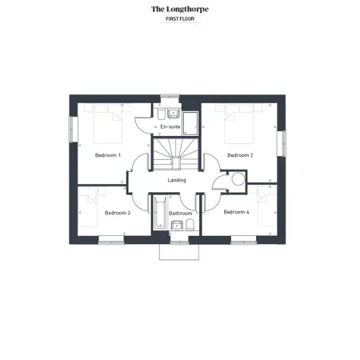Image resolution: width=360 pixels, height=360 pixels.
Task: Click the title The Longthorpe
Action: pyautogui.click(x=180, y=10)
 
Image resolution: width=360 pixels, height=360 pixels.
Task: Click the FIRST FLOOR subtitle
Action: pyautogui.click(x=180, y=19)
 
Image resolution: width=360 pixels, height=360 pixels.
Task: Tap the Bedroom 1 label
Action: pyautogui.click(x=108, y=155)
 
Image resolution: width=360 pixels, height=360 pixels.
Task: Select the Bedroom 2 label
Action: pyautogui.click(x=240, y=155)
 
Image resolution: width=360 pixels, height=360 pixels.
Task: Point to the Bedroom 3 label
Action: pyautogui.click(x=118, y=213)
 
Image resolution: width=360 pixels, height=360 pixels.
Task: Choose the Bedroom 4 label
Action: pyautogui.click(x=236, y=212)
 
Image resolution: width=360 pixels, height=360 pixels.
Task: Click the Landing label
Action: pyautogui.click(x=177, y=180)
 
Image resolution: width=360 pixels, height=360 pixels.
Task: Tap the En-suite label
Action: pyautogui.click(x=170, y=126)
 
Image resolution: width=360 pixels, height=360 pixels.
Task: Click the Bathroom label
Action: pyautogui.click(x=180, y=214)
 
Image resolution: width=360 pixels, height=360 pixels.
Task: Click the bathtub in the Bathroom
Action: pyautogui.click(x=161, y=213)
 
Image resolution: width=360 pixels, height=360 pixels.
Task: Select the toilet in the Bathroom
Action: pyautogui.click(x=190, y=225)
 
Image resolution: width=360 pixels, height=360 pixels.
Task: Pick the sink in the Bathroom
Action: pyautogui.click(x=177, y=226)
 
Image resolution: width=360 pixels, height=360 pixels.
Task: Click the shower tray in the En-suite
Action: pyautogui.click(x=190, y=123)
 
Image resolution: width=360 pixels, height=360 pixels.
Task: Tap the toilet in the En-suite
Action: pyautogui.click(x=161, y=114)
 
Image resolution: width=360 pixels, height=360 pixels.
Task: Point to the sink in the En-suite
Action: pyautogui.click(x=174, y=114)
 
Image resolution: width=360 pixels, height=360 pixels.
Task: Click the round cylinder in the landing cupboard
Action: pyautogui.click(x=238, y=179)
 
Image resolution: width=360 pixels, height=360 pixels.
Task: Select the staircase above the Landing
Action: pyautogui.click(x=176, y=154)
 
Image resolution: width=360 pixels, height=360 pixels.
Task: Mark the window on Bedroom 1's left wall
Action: pyautogui.click(x=74, y=130)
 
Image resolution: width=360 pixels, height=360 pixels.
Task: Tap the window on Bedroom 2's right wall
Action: pyautogui.click(x=282, y=143)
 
